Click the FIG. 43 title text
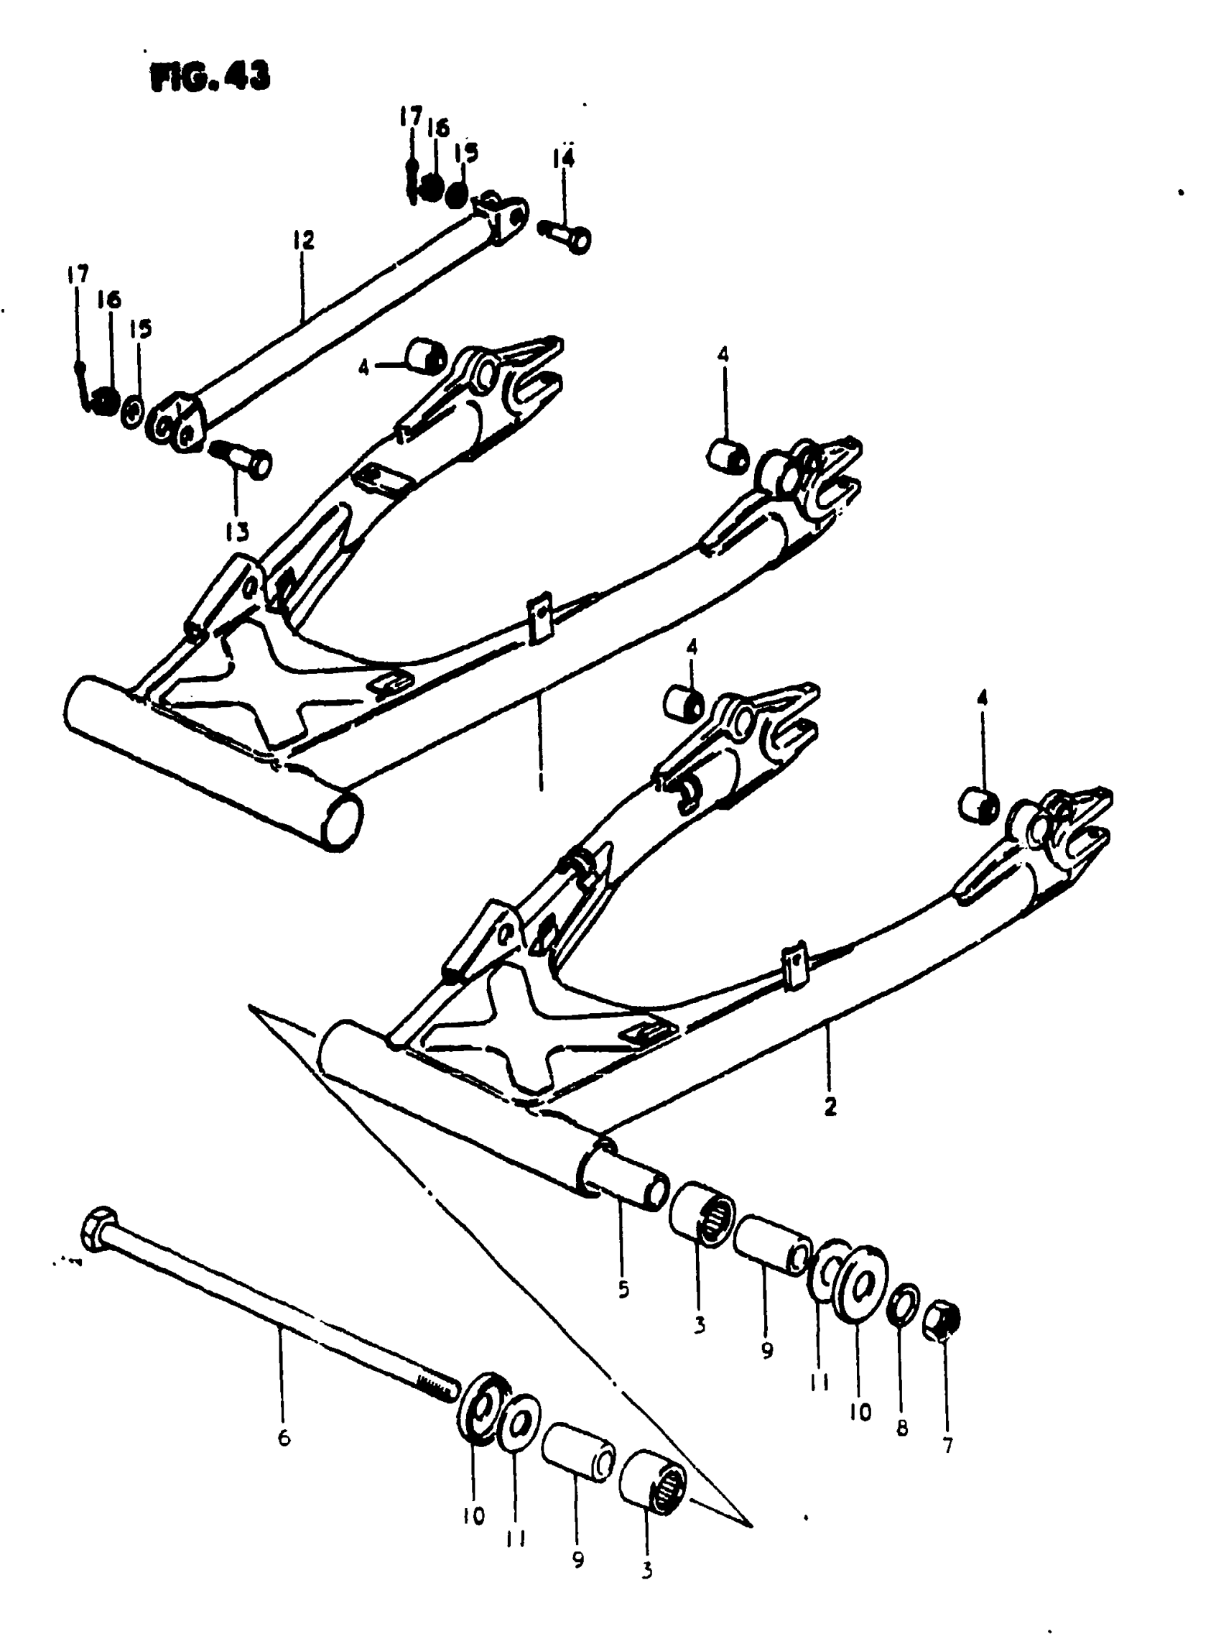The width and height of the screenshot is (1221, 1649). click(x=210, y=76)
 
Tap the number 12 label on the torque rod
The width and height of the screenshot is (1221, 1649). click(x=303, y=239)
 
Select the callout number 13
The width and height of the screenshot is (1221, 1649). click(x=237, y=532)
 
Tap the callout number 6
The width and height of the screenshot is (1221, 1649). click(x=284, y=1438)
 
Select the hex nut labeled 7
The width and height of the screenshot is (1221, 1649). click(x=942, y=1317)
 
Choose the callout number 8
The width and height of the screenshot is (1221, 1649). click(x=901, y=1428)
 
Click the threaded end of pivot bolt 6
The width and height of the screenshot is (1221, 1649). click(x=437, y=1387)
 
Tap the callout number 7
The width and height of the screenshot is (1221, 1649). click(x=948, y=1444)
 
